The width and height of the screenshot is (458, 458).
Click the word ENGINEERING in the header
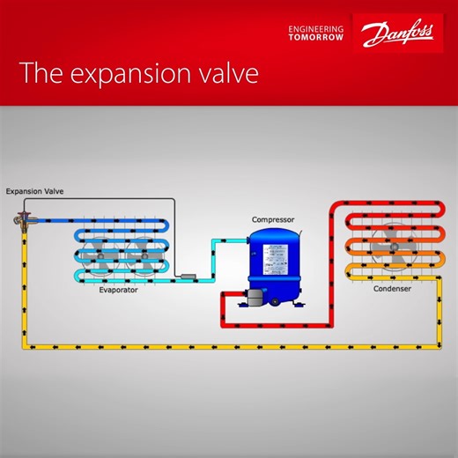317,28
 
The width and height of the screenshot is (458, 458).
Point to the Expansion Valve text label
34,190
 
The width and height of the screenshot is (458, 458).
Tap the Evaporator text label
121,289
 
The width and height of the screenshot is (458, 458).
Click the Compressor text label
273,219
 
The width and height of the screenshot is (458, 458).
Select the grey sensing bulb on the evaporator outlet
188,278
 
